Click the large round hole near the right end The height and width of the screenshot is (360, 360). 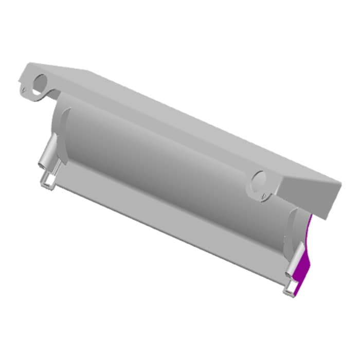click(x=259, y=181)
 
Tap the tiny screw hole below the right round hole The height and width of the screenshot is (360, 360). click(x=263, y=196)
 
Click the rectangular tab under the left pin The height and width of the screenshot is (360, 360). click(x=48, y=180)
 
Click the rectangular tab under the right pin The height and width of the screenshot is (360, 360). click(x=291, y=289)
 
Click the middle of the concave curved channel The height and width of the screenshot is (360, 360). click(x=170, y=165)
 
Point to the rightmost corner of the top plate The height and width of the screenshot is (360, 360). click(x=340, y=183)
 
